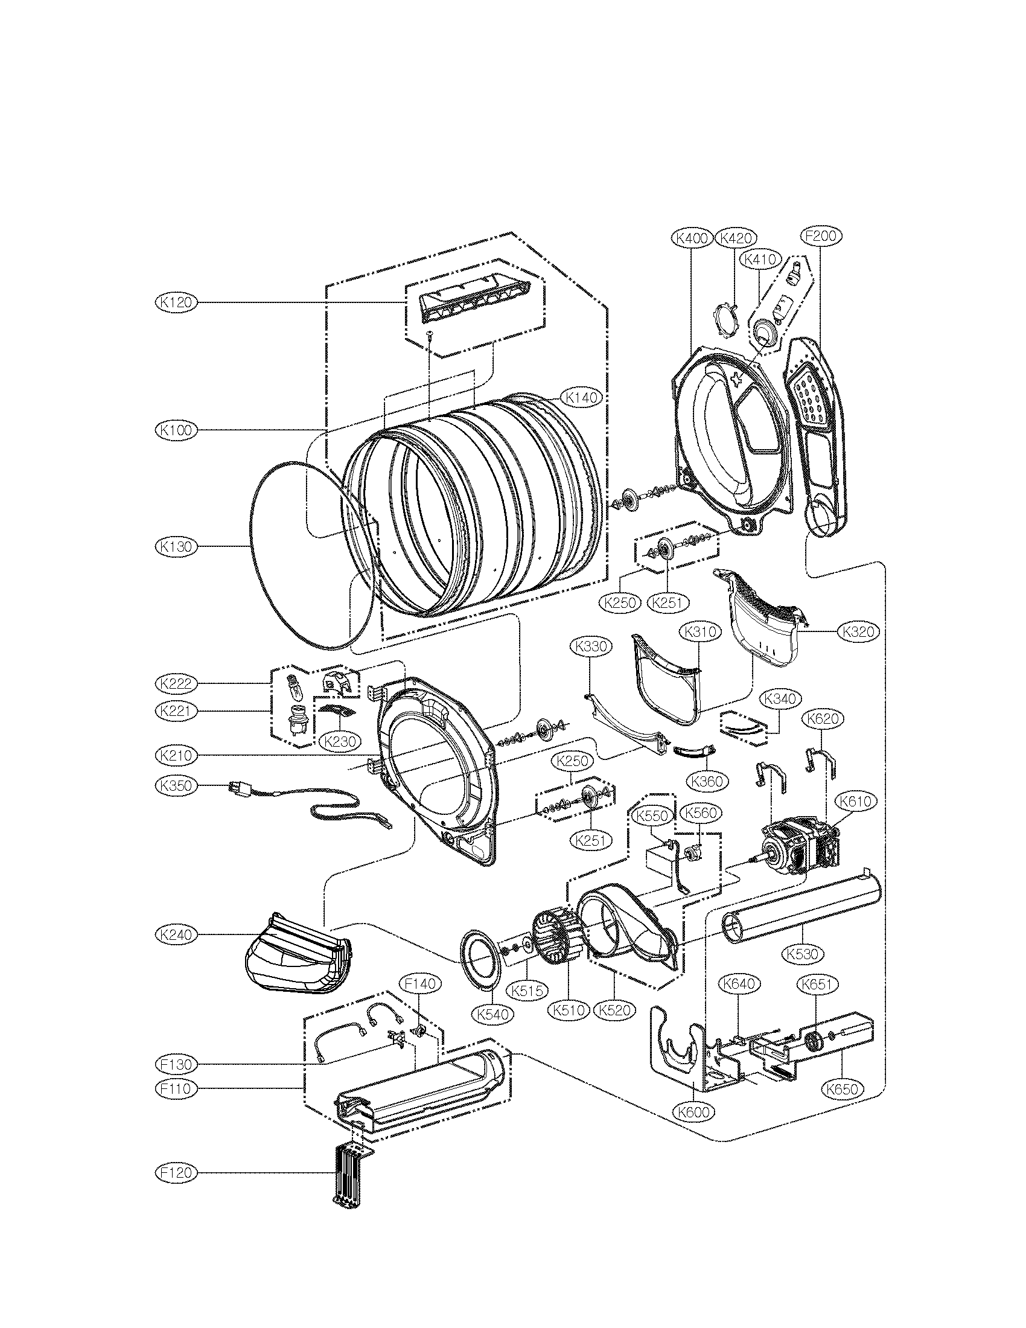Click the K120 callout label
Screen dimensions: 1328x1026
[x=176, y=302]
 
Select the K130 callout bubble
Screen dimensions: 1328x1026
[x=176, y=547]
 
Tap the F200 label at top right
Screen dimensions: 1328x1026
[x=820, y=236]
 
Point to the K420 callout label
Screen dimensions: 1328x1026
[x=736, y=238]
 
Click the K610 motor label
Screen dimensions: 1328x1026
[x=857, y=802]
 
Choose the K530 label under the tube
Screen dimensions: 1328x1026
[x=802, y=954]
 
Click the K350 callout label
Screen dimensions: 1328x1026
[x=176, y=785]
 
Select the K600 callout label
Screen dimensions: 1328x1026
[x=693, y=1111]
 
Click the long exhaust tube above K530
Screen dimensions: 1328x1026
[x=801, y=910]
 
